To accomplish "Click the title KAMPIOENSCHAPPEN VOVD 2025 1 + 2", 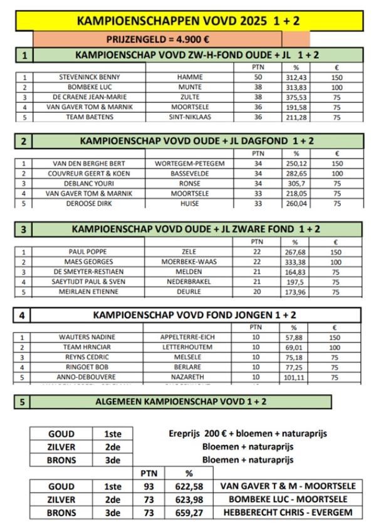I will (188, 21).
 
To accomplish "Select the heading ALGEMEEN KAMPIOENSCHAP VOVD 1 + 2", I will (180, 401).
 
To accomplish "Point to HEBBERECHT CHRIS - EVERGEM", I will (288, 512).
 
